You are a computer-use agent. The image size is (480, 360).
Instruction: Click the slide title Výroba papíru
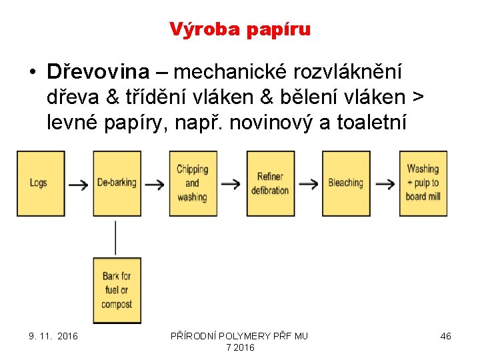(240, 29)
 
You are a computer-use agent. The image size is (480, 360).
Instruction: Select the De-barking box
(117, 183)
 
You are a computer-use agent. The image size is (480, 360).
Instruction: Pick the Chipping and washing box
(193, 183)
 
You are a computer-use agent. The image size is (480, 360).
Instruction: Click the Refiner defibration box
(269, 183)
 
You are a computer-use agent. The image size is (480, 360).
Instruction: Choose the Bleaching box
(346, 183)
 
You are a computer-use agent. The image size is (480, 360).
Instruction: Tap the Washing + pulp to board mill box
(423, 183)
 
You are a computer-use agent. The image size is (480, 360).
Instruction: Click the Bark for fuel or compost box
(117, 291)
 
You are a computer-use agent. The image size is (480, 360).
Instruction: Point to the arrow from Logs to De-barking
(79, 185)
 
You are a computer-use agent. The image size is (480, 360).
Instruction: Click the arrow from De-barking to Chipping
(155, 185)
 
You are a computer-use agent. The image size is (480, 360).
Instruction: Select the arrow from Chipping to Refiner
(231, 185)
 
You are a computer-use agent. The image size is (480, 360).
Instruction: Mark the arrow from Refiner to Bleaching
(307, 185)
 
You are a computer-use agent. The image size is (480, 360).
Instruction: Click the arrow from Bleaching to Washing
(385, 185)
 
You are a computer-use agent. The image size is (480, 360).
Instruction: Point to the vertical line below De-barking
(116, 237)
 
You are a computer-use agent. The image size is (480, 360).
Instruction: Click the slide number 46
(445, 336)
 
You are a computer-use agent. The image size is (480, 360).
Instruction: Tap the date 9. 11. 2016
(53, 336)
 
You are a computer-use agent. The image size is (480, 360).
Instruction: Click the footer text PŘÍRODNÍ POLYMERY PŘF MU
(240, 336)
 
